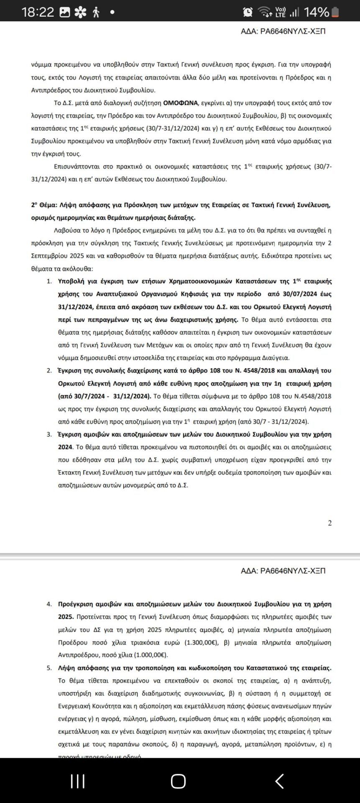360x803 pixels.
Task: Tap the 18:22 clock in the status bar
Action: [38, 12]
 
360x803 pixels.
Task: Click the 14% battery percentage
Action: [316, 12]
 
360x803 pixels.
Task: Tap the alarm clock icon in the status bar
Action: [248, 12]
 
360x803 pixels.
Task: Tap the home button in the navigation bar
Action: [178, 781]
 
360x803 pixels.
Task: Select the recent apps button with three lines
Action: [78, 781]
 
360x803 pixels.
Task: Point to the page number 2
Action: [329, 523]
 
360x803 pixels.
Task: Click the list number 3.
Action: [49, 435]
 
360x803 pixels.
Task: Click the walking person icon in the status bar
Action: [96, 12]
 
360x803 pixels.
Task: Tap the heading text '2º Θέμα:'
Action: [44, 205]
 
